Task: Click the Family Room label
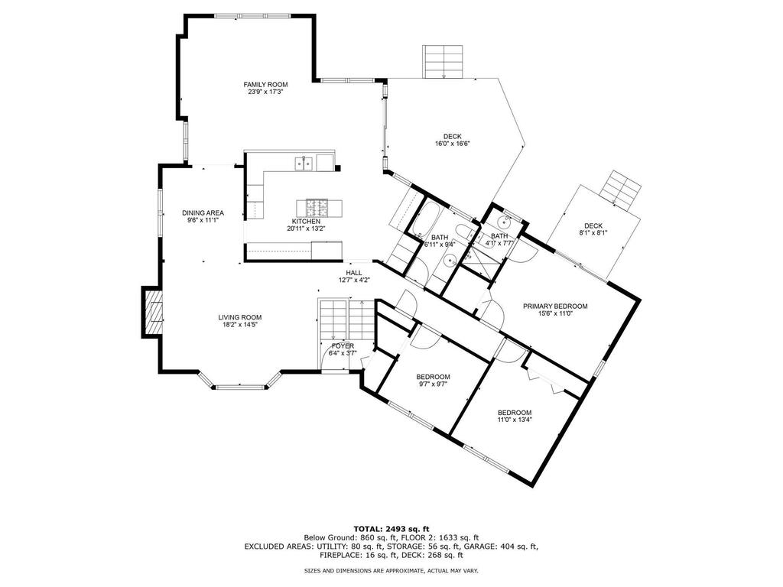pos(265,85)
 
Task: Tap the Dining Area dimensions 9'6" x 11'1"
pos(203,219)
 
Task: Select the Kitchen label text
pos(306,222)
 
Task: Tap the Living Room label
pos(239,317)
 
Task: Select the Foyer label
pos(343,346)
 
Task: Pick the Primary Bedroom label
pos(555,306)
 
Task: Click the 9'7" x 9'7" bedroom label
pos(433,384)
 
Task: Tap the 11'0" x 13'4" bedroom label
pos(515,420)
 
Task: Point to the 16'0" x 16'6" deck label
pos(453,144)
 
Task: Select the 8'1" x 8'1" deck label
pos(593,232)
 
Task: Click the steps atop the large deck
pos(443,61)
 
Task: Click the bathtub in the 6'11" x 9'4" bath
pos(425,219)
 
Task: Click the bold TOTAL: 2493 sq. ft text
pos(391,529)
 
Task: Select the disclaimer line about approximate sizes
pos(391,570)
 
